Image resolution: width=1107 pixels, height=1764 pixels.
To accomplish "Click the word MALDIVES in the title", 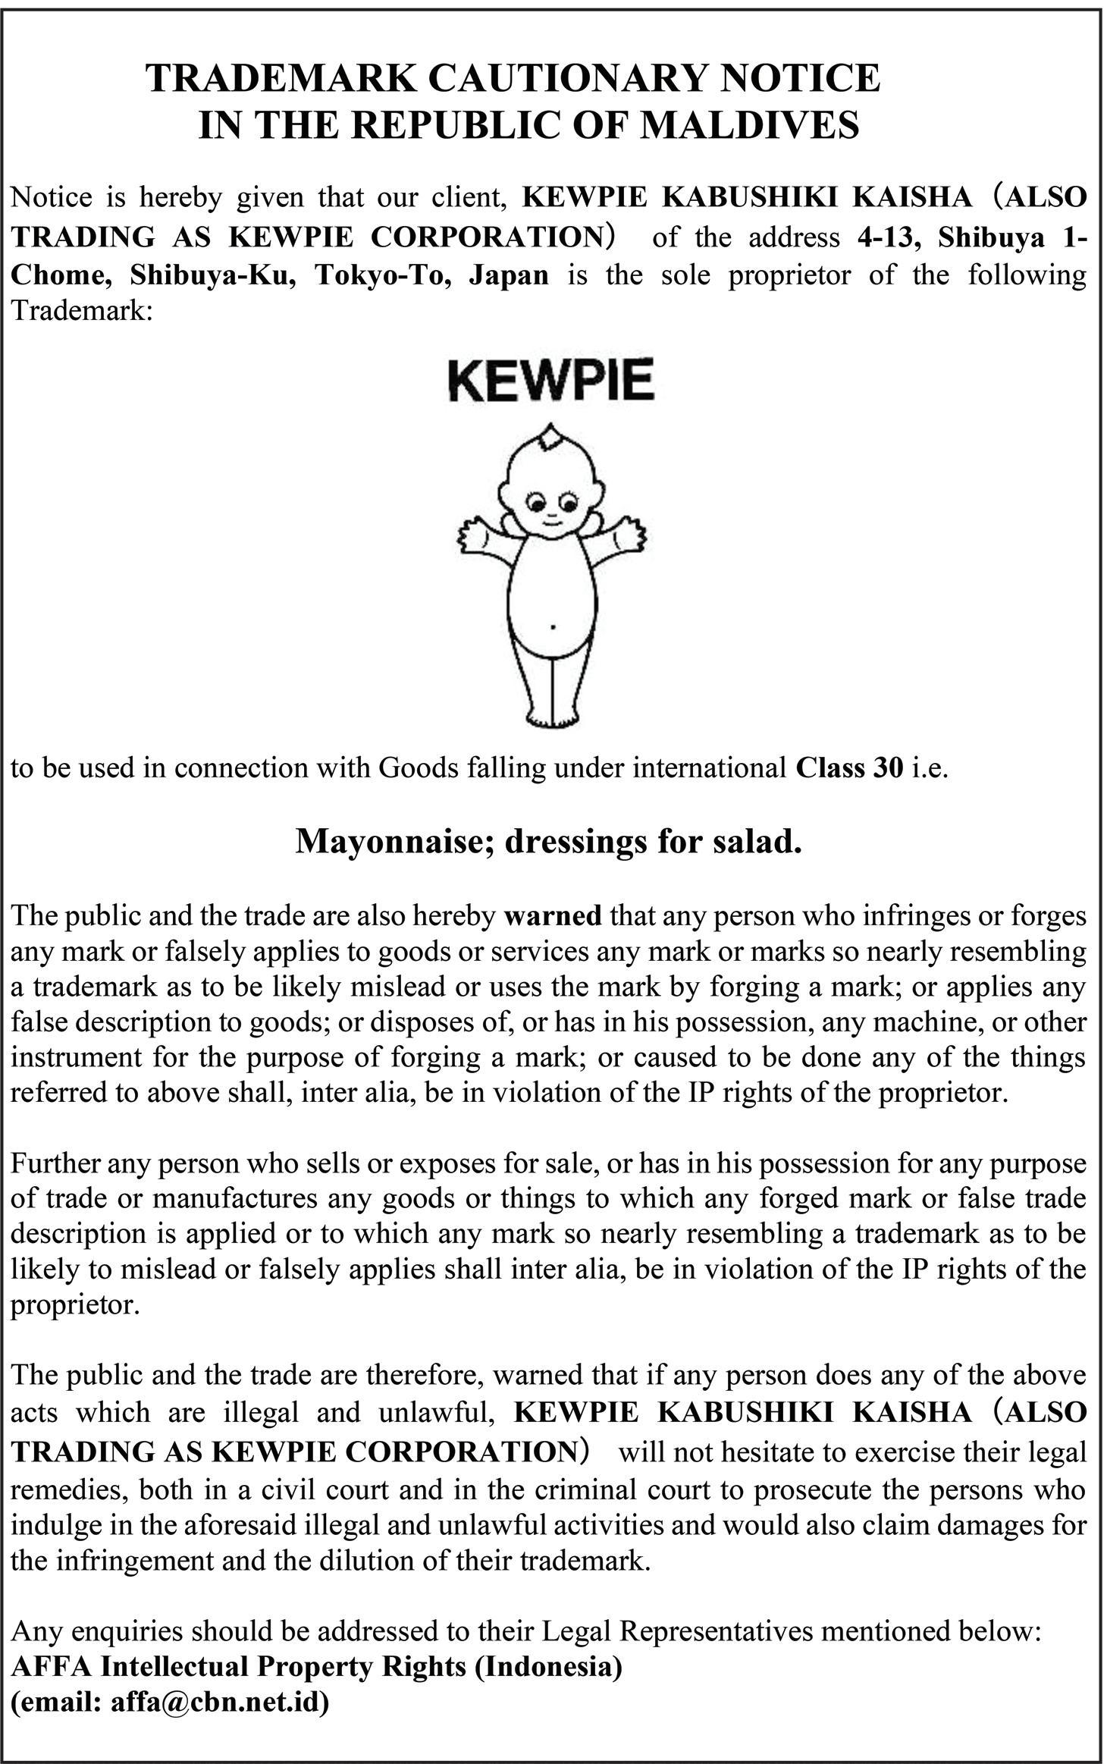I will [749, 125].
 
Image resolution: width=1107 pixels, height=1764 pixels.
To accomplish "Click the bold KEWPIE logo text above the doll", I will [550, 381].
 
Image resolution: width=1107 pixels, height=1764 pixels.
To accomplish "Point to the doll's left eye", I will [537, 503].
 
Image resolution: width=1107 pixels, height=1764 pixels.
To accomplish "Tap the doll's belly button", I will [553, 627].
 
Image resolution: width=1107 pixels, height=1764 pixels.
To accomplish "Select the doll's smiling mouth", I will [551, 522].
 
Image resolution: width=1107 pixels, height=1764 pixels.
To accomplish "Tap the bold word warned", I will [553, 916].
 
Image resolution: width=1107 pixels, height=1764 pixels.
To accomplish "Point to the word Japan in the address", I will [509, 274].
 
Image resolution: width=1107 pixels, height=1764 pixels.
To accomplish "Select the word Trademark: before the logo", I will [82, 311].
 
